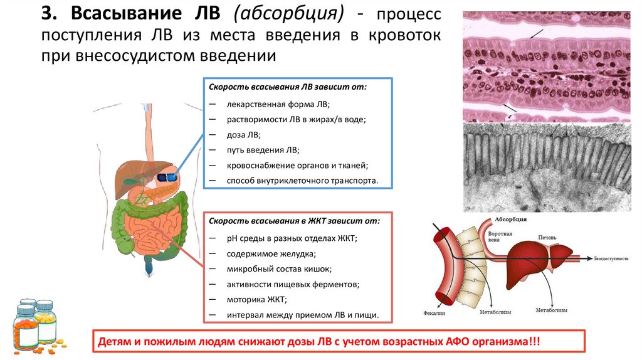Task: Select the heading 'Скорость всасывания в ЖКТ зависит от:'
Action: (x=294, y=221)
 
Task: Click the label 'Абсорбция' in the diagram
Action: (x=512, y=220)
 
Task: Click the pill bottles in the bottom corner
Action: (x=34, y=326)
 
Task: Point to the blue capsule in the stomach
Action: (x=167, y=177)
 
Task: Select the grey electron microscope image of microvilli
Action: (x=546, y=166)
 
